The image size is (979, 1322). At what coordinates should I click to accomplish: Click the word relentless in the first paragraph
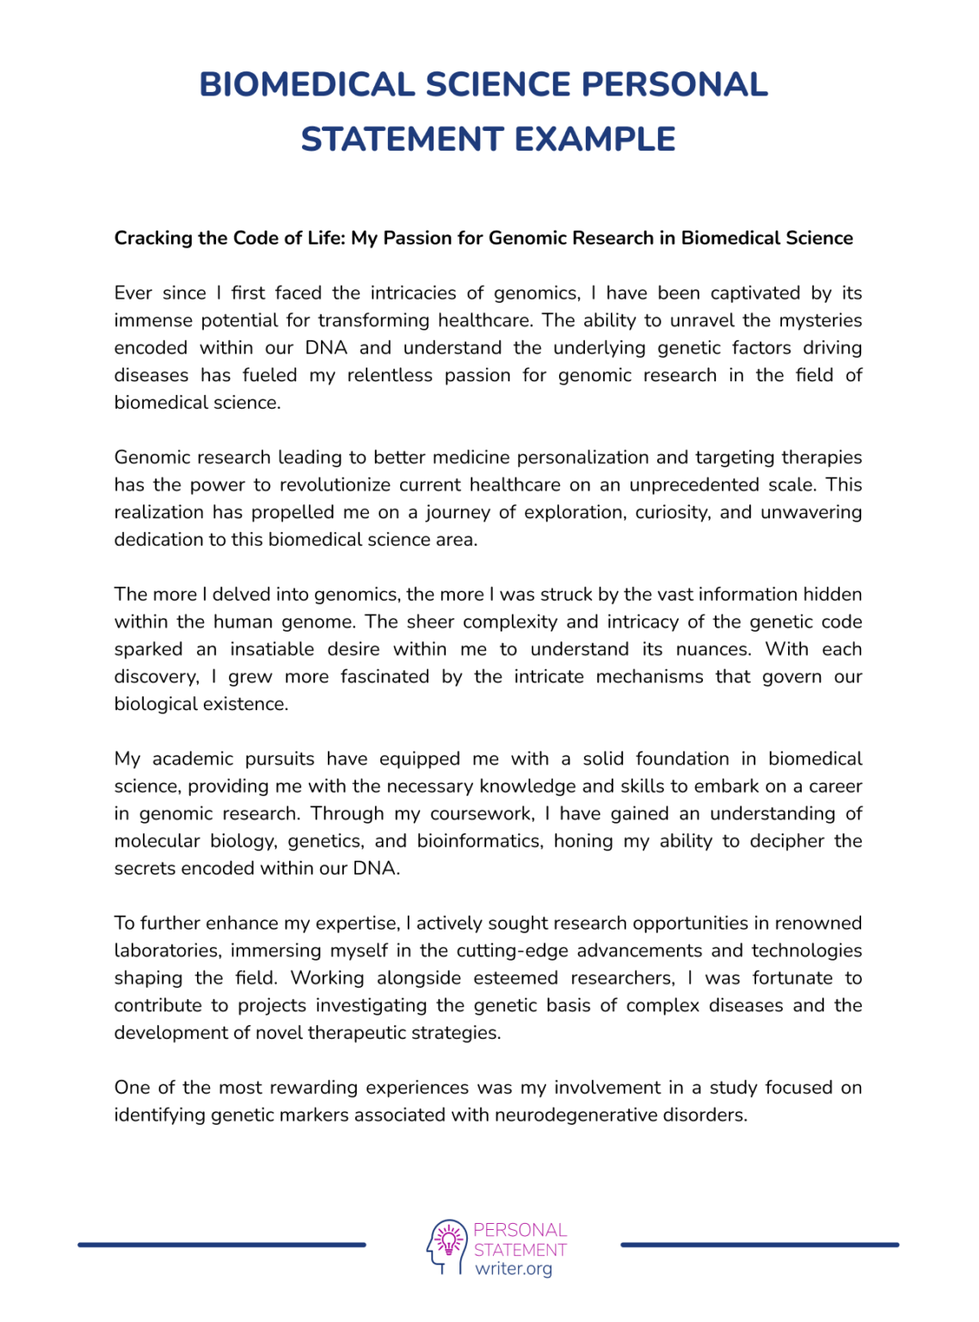[390, 375]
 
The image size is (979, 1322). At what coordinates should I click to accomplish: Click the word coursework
[482, 814]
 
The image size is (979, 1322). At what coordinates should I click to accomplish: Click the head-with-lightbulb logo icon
[446, 1246]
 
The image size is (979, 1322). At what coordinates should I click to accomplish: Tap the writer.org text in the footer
[514, 1269]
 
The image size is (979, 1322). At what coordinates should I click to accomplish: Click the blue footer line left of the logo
[222, 1245]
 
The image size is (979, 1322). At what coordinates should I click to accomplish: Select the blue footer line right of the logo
[760, 1245]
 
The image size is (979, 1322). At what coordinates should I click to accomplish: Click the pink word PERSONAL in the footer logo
[520, 1230]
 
